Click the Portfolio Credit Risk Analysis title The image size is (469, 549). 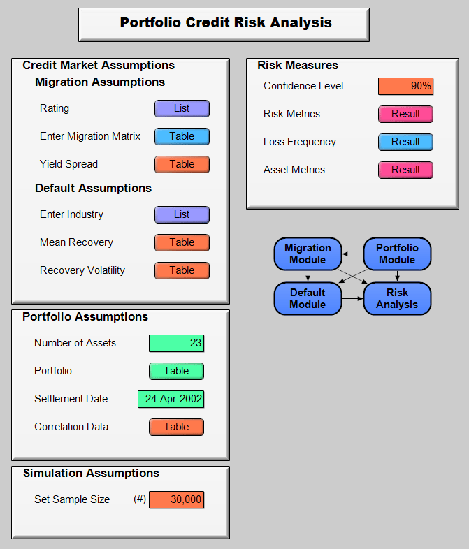tap(224, 24)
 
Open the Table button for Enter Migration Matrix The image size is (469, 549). tap(182, 136)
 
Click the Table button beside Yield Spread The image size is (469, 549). tap(182, 164)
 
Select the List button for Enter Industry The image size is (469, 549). tap(182, 214)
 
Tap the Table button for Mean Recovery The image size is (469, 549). tap(182, 242)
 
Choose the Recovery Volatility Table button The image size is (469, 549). tap(182, 270)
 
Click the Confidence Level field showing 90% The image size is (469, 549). tap(405, 86)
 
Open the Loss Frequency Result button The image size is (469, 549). tap(405, 142)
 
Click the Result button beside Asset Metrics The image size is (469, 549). tap(405, 170)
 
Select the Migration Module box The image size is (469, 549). tap(308, 254)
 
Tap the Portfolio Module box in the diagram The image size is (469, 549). tap(397, 254)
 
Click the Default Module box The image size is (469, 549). tap(308, 298)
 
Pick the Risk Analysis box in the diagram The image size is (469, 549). tap(397, 298)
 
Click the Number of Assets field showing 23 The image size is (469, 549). tap(176, 343)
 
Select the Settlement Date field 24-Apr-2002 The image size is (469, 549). tap(171, 399)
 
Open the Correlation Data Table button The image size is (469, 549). tap(176, 427)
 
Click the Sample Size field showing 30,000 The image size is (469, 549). tap(176, 499)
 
